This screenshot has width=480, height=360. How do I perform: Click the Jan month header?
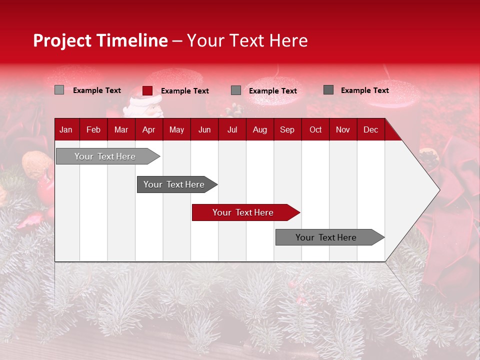pyautogui.click(x=66, y=130)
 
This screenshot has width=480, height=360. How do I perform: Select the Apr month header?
pyautogui.click(x=149, y=130)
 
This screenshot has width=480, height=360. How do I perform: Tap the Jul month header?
pyautogui.click(x=232, y=130)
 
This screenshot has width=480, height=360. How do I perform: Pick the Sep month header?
pyautogui.click(x=287, y=130)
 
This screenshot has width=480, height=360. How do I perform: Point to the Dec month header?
pyautogui.click(x=370, y=130)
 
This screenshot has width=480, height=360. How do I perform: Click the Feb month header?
pyautogui.click(x=93, y=130)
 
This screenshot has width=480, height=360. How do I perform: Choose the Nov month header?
pyautogui.click(x=343, y=130)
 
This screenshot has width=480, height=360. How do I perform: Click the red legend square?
pyautogui.click(x=147, y=90)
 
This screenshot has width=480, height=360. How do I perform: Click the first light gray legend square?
pyautogui.click(x=59, y=90)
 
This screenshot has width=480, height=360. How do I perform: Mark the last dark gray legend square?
pyautogui.click(x=328, y=90)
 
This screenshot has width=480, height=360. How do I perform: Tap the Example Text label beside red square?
pyautogui.click(x=185, y=91)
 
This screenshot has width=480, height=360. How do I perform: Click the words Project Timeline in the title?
pyautogui.click(x=100, y=40)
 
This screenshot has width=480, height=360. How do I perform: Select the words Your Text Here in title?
pyautogui.click(x=247, y=40)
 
